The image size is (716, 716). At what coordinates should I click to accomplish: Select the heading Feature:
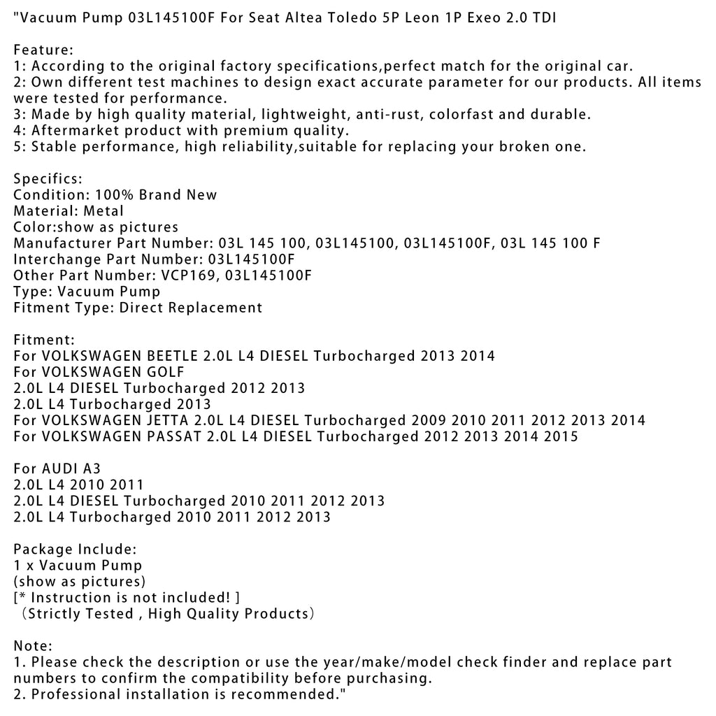pos(43,50)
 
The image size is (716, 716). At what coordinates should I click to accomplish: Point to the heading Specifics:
pos(48,179)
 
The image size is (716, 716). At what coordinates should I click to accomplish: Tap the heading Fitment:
pos(44,340)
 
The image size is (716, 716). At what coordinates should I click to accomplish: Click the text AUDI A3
pos(72,468)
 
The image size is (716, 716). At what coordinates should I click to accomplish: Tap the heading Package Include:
pos(75,549)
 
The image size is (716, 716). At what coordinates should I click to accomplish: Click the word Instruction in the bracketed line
pos(73,597)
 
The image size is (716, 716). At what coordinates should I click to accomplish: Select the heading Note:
pos(33,645)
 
